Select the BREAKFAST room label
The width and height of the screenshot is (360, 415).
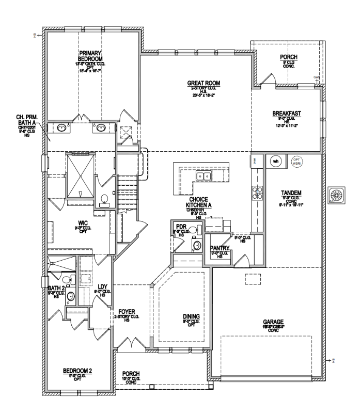click(x=287, y=113)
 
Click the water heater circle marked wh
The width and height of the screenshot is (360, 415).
click(x=275, y=161)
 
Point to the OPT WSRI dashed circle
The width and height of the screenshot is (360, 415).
click(x=296, y=161)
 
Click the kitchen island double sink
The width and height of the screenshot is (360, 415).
click(x=202, y=177)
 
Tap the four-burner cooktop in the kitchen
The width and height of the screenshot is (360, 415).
click(x=256, y=193)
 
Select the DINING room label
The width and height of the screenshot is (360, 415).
click(x=191, y=316)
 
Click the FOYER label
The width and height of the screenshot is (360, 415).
click(x=127, y=311)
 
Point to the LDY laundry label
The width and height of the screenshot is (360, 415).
click(x=102, y=287)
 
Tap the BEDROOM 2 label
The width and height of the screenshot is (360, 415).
click(x=77, y=371)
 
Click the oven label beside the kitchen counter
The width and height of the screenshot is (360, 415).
click(x=254, y=161)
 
